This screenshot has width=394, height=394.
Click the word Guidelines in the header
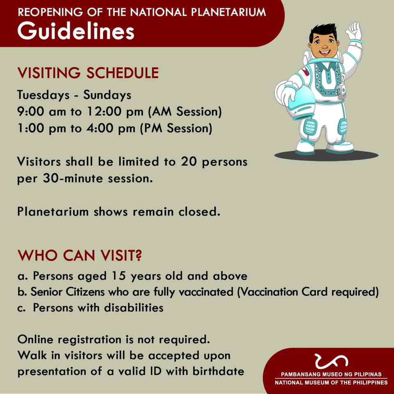point(76,31)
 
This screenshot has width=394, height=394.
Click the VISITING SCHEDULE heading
point(88,73)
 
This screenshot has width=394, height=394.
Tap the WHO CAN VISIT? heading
point(80,255)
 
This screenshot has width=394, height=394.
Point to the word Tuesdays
point(44,95)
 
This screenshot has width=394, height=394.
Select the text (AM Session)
point(185,112)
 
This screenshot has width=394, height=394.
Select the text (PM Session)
point(176,128)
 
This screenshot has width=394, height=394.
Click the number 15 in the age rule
point(119,276)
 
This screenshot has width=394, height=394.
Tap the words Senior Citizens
point(68,292)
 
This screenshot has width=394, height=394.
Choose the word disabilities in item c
point(134,307)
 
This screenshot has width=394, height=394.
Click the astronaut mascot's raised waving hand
point(354,32)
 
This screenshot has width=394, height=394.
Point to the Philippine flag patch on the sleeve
point(305,71)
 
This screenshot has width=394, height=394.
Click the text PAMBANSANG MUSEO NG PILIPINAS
point(331,374)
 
